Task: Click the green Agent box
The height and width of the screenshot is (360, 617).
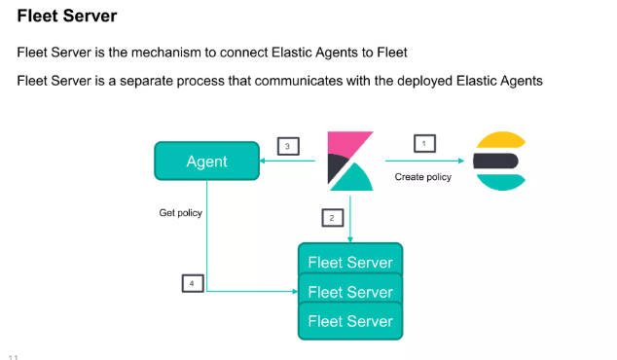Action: (206, 162)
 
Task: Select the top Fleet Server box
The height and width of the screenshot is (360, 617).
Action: (350, 262)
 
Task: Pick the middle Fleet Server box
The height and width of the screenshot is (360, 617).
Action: (350, 291)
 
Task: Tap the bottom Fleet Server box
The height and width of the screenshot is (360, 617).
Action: (350, 321)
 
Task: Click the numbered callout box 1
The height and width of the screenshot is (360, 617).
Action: (423, 143)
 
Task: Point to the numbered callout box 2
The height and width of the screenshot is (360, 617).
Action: (332, 217)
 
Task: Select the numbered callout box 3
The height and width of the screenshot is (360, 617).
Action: (287, 147)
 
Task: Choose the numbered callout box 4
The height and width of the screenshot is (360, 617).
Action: (194, 283)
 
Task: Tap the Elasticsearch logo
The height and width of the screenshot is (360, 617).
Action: (499, 160)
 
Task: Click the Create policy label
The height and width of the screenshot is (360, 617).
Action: (422, 177)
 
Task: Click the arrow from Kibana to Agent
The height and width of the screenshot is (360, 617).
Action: (292, 162)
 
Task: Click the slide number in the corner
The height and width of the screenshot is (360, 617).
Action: (14, 355)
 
